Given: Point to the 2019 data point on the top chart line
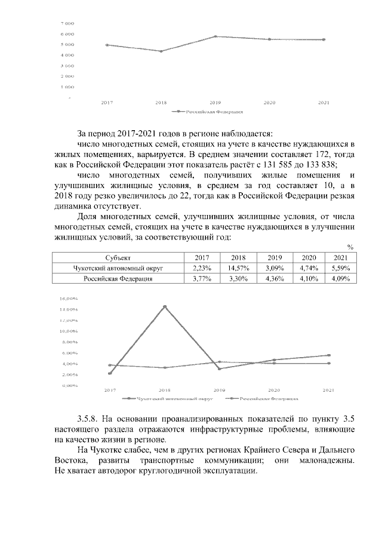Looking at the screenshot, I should [215, 36].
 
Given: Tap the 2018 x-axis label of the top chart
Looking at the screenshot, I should [161, 103].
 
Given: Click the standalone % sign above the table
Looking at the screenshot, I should [351, 247].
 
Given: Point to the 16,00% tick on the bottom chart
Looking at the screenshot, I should [70, 298].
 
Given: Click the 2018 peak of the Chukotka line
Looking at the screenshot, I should [165, 306].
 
